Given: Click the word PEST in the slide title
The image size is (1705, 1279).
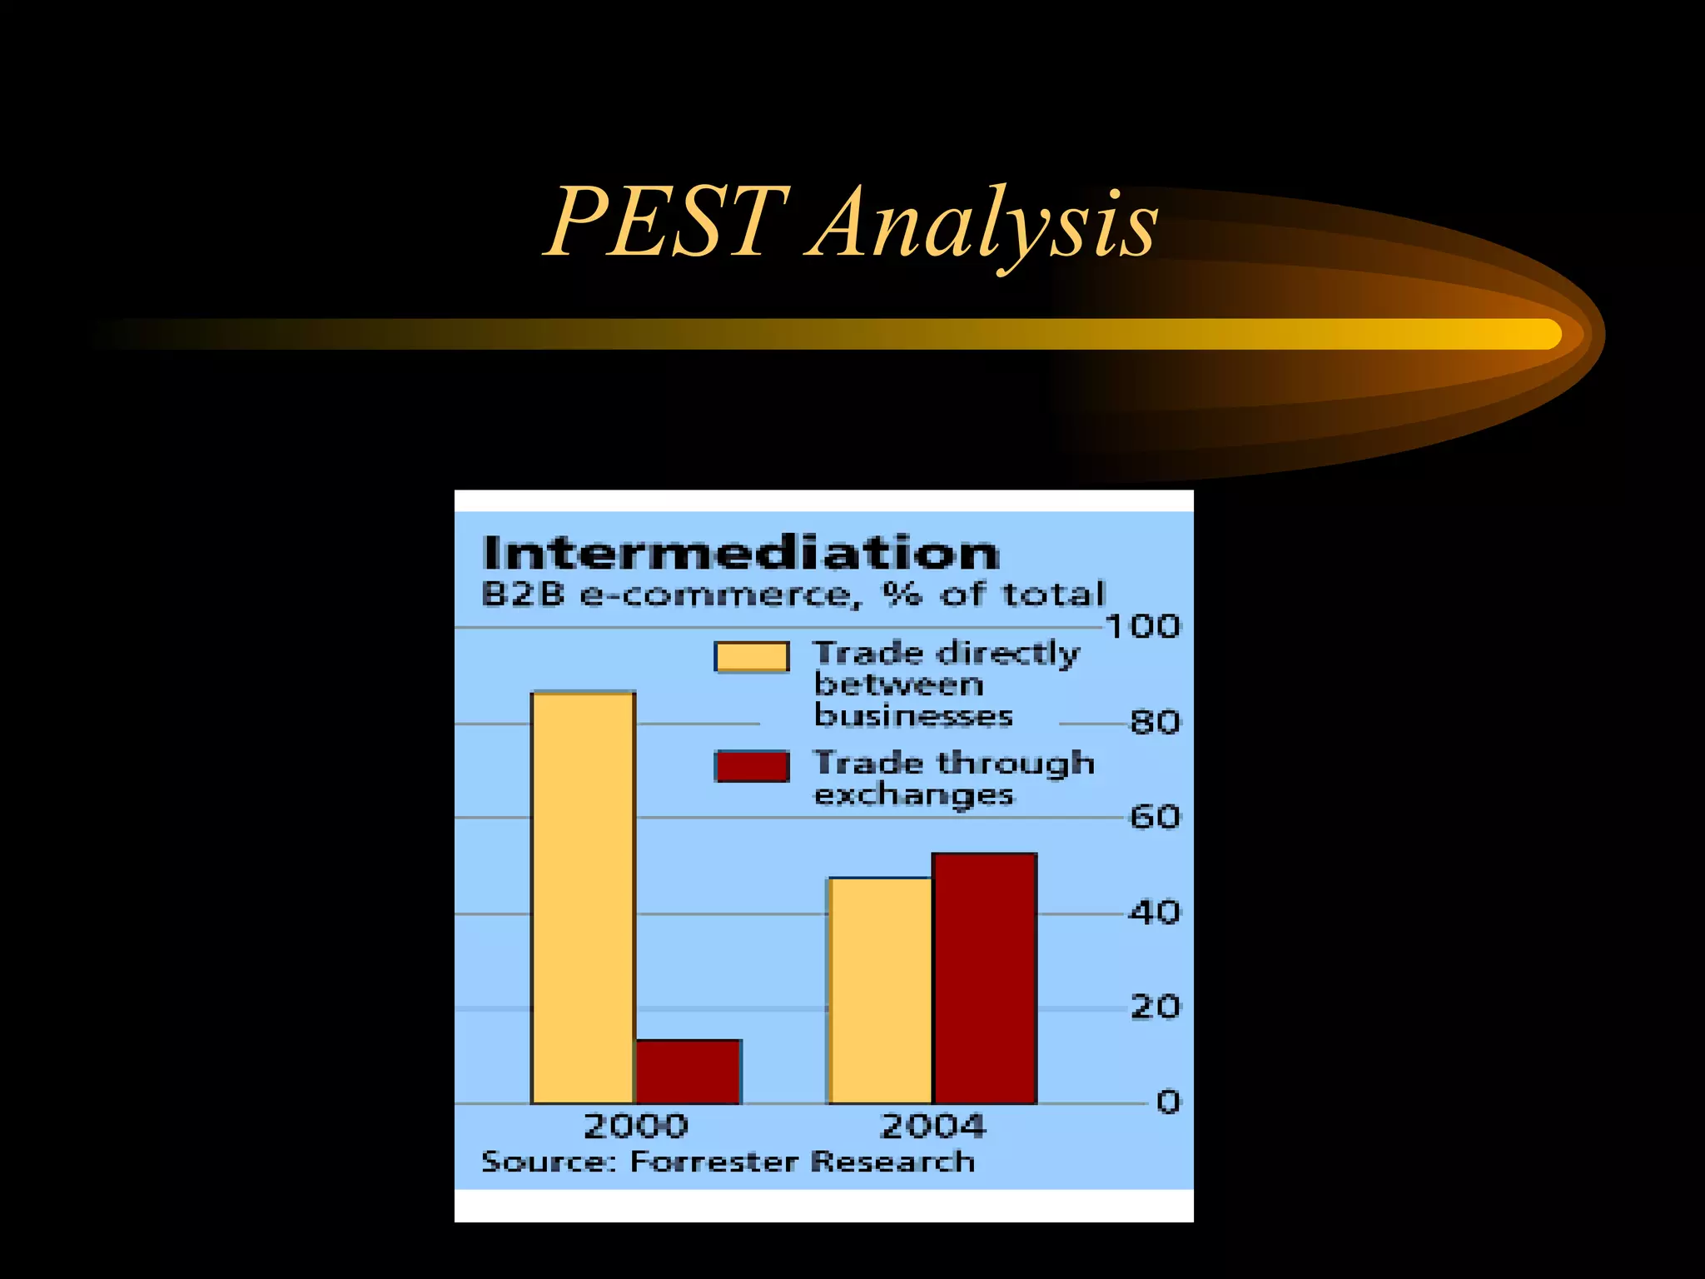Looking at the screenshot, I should click(666, 221).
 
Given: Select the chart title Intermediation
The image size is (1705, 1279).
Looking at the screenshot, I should click(740, 553).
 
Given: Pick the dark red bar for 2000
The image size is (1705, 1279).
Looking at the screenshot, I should click(688, 1072).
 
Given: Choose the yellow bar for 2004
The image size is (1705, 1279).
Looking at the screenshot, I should click(881, 990).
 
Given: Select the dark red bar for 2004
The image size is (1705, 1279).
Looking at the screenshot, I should click(985, 978).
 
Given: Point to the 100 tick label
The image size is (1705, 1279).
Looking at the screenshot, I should click(1143, 626).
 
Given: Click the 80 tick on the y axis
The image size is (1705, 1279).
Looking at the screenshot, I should click(1155, 722).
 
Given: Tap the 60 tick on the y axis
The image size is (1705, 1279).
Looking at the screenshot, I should click(1155, 817).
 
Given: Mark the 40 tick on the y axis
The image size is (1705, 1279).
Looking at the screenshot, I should click(1155, 913).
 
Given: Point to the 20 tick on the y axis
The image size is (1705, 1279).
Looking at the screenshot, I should click(1155, 1008).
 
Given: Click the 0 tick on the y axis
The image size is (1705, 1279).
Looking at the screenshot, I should click(1168, 1102).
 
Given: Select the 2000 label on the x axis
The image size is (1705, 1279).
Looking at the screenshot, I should click(636, 1127).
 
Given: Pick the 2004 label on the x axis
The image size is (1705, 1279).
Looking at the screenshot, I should click(932, 1127).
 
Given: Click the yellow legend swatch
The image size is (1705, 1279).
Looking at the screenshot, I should click(752, 656).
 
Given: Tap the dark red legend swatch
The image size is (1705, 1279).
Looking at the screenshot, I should click(752, 766).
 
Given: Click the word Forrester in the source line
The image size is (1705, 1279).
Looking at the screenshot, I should click(713, 1162).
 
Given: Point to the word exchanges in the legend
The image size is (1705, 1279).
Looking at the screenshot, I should click(913, 795).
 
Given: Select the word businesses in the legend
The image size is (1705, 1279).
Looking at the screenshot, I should click(913, 716).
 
